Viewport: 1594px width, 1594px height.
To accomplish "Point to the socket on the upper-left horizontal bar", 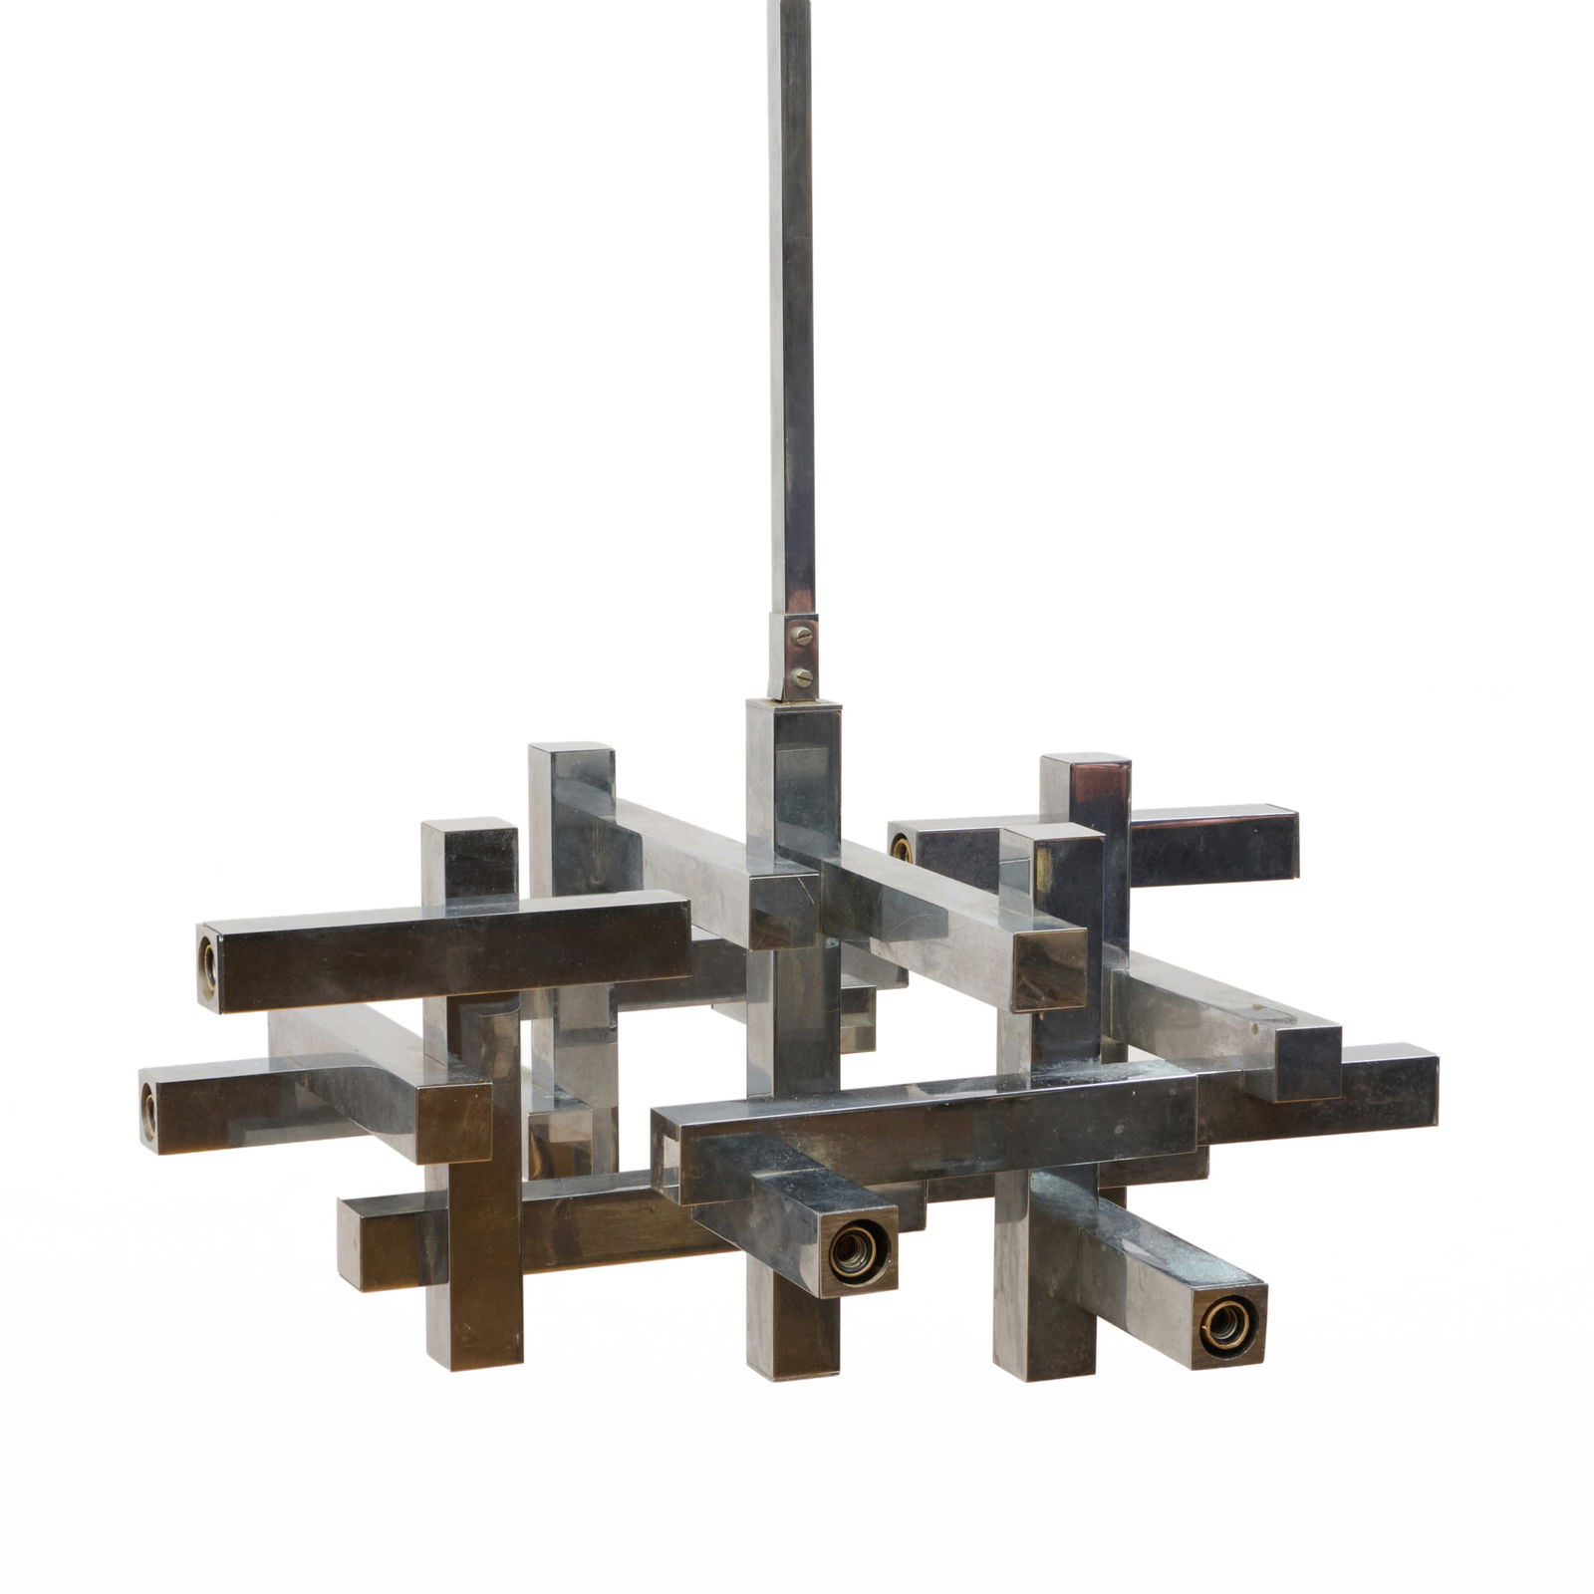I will (209, 958).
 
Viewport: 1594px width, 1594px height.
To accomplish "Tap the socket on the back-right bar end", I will (902, 849).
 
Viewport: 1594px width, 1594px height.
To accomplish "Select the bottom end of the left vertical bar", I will (473, 1360).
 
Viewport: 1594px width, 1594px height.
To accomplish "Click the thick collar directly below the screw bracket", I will (794, 757).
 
